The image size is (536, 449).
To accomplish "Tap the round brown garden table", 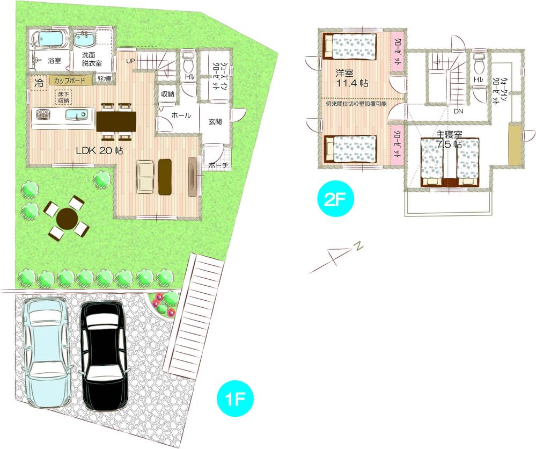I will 67,218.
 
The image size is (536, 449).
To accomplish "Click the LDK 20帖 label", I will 99,151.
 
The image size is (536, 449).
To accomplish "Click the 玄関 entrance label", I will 215,122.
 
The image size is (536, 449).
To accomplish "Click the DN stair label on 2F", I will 458,112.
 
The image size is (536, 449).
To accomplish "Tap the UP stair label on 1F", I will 130,61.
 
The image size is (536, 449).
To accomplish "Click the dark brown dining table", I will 116,118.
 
